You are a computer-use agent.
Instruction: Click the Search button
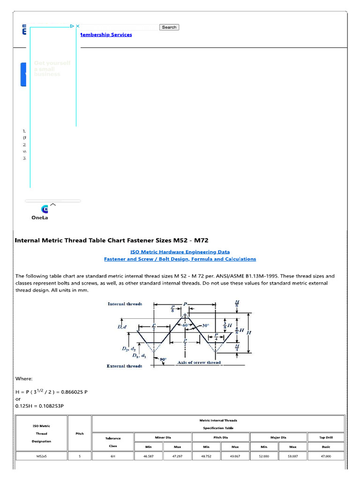click(x=169, y=27)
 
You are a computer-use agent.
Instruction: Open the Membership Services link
click(x=106, y=35)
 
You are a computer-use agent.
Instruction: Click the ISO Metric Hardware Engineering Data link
click(x=180, y=252)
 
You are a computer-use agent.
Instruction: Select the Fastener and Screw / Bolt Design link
click(x=180, y=259)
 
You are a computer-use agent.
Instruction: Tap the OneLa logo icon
click(x=45, y=209)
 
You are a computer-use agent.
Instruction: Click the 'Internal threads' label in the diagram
click(x=125, y=304)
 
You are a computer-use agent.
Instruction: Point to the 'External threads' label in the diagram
click(x=124, y=366)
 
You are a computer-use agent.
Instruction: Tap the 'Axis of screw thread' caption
click(x=198, y=362)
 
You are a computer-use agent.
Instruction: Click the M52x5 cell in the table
click(x=41, y=456)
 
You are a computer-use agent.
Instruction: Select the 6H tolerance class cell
click(x=113, y=456)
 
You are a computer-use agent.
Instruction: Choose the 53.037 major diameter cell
click(x=293, y=456)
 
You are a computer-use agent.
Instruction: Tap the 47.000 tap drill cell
click(x=326, y=456)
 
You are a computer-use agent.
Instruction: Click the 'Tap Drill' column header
click(x=326, y=437)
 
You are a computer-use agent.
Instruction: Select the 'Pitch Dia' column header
click(x=221, y=437)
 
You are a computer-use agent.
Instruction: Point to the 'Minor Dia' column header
click(x=163, y=437)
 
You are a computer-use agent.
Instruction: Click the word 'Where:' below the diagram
click(x=24, y=378)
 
